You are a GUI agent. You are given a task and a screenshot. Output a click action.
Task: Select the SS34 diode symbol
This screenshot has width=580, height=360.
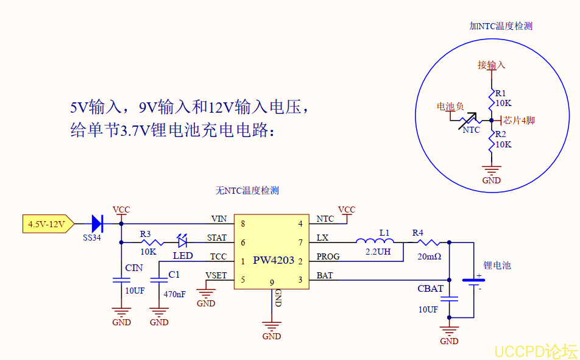click(x=96, y=224)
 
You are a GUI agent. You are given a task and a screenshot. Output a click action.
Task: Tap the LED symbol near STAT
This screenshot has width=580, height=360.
click(x=182, y=242)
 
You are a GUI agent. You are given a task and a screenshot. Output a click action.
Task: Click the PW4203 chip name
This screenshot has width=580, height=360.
click(x=274, y=261)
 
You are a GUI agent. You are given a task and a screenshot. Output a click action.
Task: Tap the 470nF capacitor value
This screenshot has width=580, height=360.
click(x=174, y=294)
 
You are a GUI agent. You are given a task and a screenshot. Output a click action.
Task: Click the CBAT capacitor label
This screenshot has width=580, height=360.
click(x=430, y=288)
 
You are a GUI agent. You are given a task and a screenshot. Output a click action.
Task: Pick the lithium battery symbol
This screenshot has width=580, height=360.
click(x=473, y=282)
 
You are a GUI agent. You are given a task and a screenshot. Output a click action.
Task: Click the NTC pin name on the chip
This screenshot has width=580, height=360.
click(x=325, y=219)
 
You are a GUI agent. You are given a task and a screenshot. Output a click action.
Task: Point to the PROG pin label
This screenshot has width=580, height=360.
click(x=328, y=257)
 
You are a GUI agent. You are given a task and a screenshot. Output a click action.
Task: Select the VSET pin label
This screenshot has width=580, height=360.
click(x=216, y=275)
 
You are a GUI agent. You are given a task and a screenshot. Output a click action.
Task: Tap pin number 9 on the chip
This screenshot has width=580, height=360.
click(x=272, y=282)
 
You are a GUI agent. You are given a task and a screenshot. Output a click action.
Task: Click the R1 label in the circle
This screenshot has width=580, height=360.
click(x=500, y=93)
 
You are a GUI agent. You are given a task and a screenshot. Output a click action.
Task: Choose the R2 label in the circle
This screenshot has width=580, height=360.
click(x=500, y=134)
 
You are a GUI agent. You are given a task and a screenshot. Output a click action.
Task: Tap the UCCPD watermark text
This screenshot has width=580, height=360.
click(x=535, y=350)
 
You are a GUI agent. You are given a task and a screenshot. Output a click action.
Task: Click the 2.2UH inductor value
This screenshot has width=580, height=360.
click(x=378, y=251)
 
